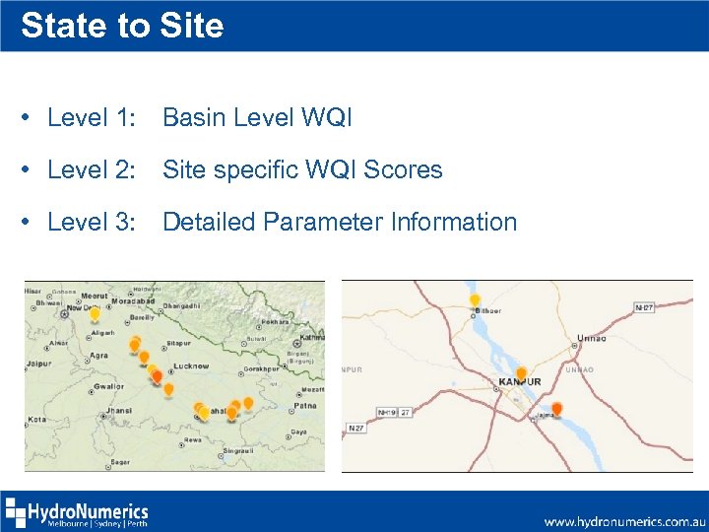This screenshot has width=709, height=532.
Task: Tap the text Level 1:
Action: click(91, 118)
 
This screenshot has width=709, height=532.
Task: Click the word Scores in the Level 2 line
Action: click(403, 169)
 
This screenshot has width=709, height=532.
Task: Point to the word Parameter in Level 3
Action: click(316, 222)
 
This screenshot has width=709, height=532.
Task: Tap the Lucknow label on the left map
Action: click(191, 366)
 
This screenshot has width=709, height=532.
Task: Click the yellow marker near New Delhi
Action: click(95, 314)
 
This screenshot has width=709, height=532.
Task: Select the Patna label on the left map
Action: click(305, 405)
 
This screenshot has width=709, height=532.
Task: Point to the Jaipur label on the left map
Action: click(39, 363)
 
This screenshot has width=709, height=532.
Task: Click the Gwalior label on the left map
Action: click(110, 386)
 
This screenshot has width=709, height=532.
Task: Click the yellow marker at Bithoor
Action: click(475, 299)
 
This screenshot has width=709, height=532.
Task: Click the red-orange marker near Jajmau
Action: click(556, 408)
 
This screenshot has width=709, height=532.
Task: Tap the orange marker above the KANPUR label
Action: click(521, 373)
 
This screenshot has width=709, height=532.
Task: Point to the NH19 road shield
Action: click(387, 412)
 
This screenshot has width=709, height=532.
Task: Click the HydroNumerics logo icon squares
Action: click(17, 513)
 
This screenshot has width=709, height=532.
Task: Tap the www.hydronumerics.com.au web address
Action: click(624, 519)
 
